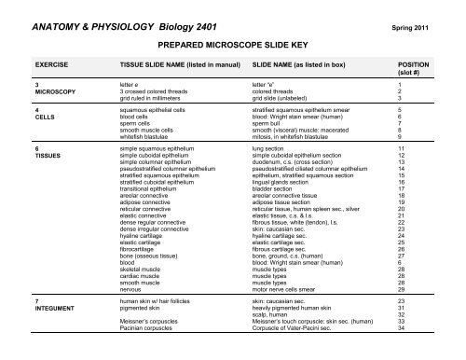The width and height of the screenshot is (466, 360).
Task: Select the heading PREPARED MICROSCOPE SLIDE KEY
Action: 234,43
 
